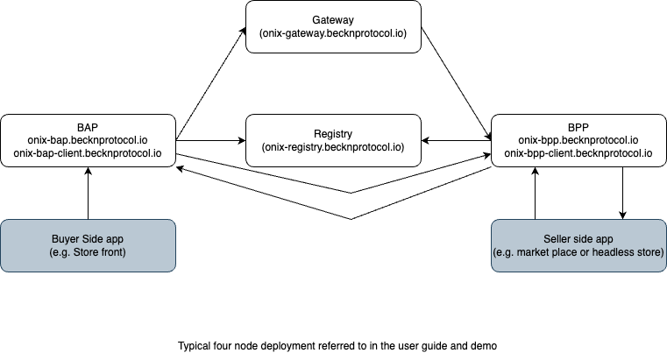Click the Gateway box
[x=333, y=26]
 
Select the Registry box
[x=333, y=140]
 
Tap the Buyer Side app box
[x=88, y=245]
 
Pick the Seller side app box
[x=578, y=245]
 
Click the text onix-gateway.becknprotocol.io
[x=333, y=33]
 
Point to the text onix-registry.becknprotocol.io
[x=333, y=147]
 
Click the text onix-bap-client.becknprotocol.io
[x=88, y=153]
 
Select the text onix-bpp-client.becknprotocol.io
[x=578, y=153]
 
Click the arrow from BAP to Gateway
[x=210, y=84]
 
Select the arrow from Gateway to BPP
[x=456, y=84]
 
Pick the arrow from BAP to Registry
[x=210, y=140]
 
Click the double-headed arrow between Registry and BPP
[x=456, y=140]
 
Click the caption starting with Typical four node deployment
[x=338, y=345]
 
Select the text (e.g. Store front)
[x=88, y=252]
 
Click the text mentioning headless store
[x=578, y=252]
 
